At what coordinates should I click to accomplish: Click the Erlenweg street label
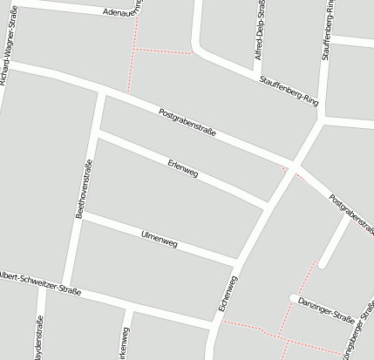[182, 168]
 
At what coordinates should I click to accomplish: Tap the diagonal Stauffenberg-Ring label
[288, 91]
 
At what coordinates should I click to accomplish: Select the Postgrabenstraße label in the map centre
[187, 123]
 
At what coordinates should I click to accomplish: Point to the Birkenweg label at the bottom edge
[124, 343]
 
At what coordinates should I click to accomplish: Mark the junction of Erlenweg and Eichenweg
[267, 207]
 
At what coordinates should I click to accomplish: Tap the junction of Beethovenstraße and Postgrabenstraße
[104, 91]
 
